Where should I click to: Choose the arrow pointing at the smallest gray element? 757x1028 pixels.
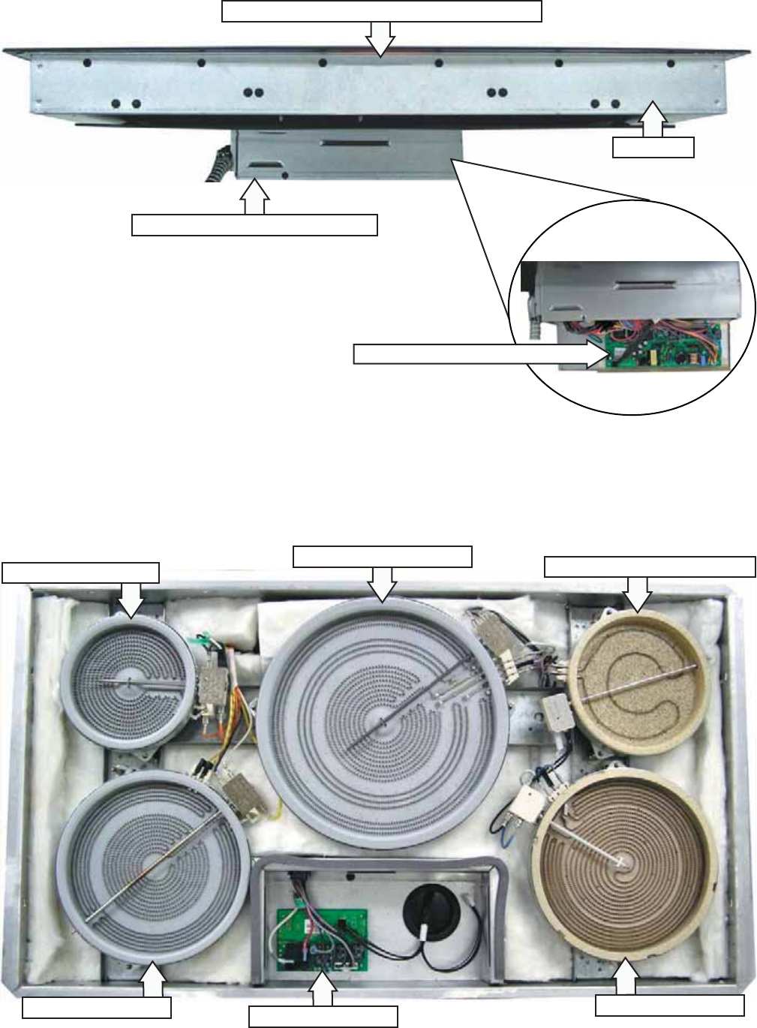pos(131,599)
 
